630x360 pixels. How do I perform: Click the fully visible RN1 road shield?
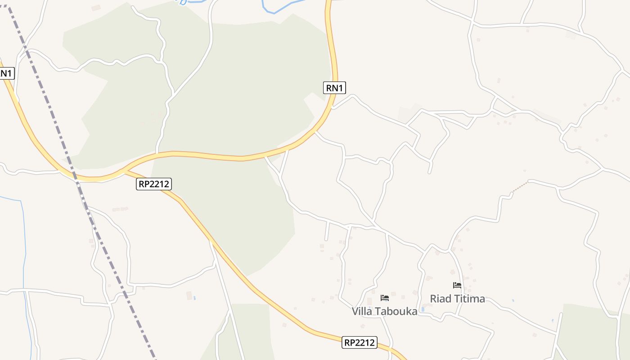coord(334,88)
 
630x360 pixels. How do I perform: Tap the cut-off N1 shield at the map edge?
coord(6,73)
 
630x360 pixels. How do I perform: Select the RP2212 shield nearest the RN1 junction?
coord(154,184)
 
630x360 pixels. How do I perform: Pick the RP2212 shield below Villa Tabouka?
coord(359,342)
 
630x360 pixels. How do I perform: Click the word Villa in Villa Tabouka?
coord(362,311)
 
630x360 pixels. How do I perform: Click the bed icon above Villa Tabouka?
coord(384,297)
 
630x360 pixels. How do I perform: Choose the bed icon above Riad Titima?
coord(457,285)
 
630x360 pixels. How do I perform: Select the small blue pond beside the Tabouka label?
coord(422,310)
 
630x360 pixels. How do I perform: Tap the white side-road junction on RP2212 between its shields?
coord(211,242)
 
